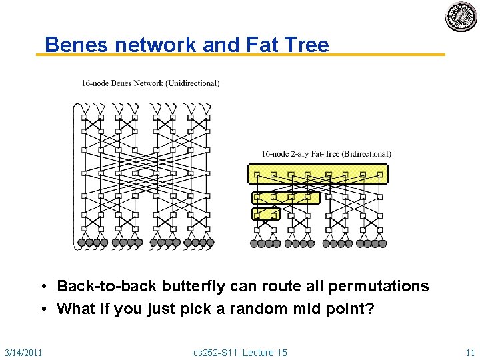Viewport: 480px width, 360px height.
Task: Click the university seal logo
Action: coord(461,17)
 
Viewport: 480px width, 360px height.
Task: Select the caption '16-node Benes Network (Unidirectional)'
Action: coord(150,83)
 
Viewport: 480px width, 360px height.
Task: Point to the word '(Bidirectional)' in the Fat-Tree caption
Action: coord(366,154)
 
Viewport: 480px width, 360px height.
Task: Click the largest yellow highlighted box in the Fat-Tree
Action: coord(317,174)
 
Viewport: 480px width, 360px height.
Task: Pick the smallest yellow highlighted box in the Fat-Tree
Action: coord(265,214)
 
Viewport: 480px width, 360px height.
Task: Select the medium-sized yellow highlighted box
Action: coord(285,197)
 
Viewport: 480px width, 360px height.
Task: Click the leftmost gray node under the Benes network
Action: coord(81,243)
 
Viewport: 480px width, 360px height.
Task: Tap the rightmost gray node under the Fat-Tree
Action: coord(383,243)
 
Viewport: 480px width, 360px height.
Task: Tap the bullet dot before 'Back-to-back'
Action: coord(41,287)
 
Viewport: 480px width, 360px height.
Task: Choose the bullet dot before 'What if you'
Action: coord(41,309)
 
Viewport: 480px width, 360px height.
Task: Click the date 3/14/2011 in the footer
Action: coord(23,352)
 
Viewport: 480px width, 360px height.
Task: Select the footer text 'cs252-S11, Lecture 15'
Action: coord(239,352)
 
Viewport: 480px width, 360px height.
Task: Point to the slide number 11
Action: coord(470,352)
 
